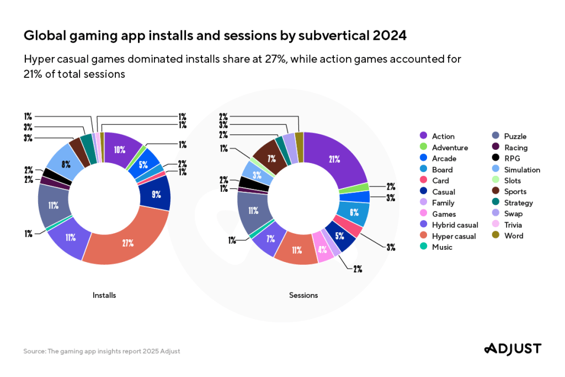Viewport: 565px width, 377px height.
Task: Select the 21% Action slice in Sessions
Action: [x=335, y=159]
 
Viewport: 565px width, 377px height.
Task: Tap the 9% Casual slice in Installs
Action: [x=156, y=195]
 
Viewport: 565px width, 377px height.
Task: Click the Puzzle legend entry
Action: [x=510, y=137]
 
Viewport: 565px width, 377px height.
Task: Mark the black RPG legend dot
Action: [x=495, y=159]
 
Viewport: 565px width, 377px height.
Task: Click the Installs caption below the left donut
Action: [x=104, y=295]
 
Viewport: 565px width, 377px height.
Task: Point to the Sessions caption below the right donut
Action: [x=303, y=295]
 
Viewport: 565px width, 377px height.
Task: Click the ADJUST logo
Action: [x=513, y=349]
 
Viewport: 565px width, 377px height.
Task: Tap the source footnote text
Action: [x=102, y=351]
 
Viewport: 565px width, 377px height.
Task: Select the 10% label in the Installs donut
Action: [x=120, y=150]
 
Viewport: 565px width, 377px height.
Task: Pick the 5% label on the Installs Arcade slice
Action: [x=143, y=164]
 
